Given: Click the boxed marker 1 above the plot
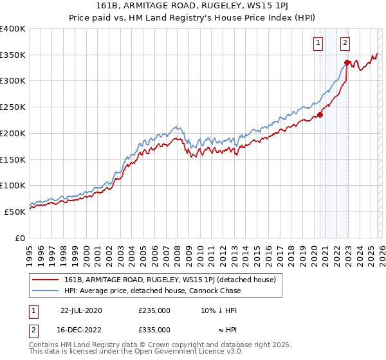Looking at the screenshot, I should pyautogui.click(x=318, y=43).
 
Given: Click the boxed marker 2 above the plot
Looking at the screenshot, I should pyautogui.click(x=345, y=43).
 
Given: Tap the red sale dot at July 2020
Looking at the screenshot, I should pyautogui.click(x=320, y=116).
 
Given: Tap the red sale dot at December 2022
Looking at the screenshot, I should pyautogui.click(x=347, y=63).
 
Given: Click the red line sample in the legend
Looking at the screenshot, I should pyautogui.click(x=46, y=280).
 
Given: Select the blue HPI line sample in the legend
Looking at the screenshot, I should pyautogui.click(x=46, y=291).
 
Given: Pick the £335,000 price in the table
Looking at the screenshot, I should pyautogui.click(x=154, y=330).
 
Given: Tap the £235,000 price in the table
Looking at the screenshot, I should pyautogui.click(x=154, y=310).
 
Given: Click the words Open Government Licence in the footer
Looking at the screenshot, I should pyautogui.click(x=161, y=352).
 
